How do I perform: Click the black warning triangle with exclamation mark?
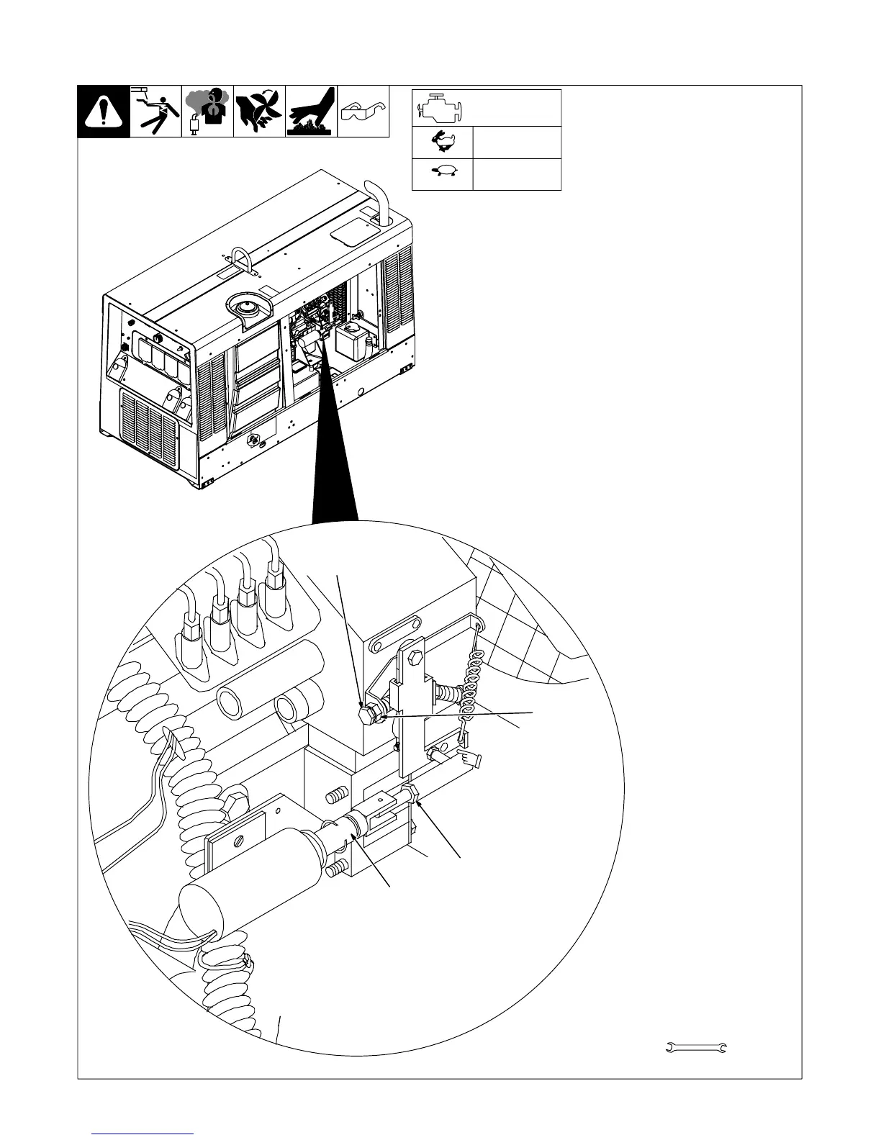click(x=104, y=112)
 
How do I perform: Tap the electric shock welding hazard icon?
click(x=155, y=112)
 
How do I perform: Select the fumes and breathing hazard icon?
click(x=207, y=112)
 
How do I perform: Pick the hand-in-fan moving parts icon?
click(x=259, y=112)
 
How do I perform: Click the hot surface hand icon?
click(x=311, y=112)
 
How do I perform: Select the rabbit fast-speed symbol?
click(x=442, y=142)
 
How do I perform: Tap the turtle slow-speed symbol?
click(x=442, y=173)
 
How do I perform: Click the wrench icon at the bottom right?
click(x=695, y=1047)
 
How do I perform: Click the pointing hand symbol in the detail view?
click(x=472, y=758)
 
